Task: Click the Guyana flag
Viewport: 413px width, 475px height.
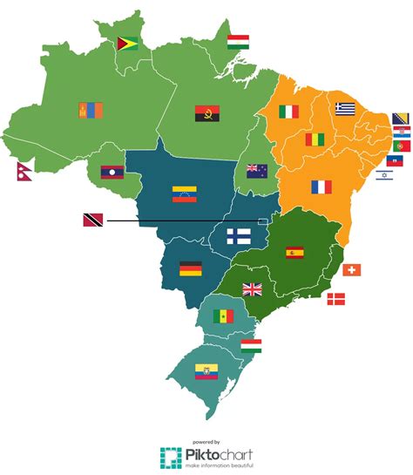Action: click(x=127, y=43)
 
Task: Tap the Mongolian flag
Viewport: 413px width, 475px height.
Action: click(x=91, y=111)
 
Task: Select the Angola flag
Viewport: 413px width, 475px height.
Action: click(x=207, y=112)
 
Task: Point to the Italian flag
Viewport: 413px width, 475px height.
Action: click(x=288, y=111)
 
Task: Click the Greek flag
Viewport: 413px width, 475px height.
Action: click(x=345, y=108)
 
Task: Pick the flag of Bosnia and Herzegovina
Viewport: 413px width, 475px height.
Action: click(x=402, y=119)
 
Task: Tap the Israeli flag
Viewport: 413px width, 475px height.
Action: click(x=384, y=174)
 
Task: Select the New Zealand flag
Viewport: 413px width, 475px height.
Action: click(x=257, y=170)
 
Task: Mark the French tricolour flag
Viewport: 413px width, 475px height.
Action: click(x=322, y=187)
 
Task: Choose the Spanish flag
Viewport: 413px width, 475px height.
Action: click(x=295, y=253)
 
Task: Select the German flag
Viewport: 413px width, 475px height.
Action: click(x=191, y=268)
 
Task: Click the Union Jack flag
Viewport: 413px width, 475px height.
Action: click(x=253, y=289)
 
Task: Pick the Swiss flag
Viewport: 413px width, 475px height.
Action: click(x=351, y=270)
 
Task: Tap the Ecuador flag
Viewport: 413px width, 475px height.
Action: click(x=206, y=372)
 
